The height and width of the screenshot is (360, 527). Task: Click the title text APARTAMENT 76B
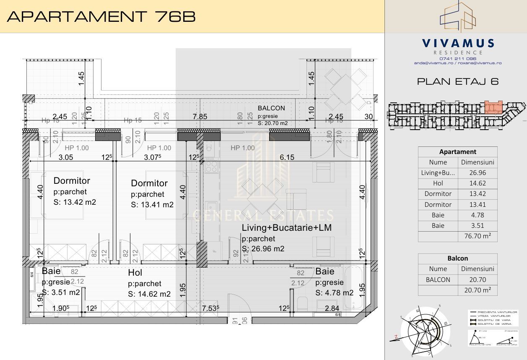click(x=101, y=16)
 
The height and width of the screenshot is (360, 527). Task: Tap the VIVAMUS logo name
click(x=458, y=43)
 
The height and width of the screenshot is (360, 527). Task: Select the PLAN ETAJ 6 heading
click(x=458, y=81)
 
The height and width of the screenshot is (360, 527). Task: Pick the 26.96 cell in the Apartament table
click(x=477, y=172)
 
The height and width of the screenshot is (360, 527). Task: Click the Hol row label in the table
click(x=438, y=183)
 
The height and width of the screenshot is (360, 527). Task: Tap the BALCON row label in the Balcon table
click(x=438, y=279)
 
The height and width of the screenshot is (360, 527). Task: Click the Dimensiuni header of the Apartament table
click(x=477, y=162)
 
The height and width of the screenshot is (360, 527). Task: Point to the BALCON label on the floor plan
click(x=271, y=108)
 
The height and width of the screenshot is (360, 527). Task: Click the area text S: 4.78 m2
click(x=334, y=293)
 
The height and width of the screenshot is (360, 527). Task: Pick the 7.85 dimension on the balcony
click(x=200, y=117)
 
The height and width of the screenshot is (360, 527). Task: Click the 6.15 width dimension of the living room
click(x=287, y=157)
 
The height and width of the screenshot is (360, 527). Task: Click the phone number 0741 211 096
click(x=458, y=59)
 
